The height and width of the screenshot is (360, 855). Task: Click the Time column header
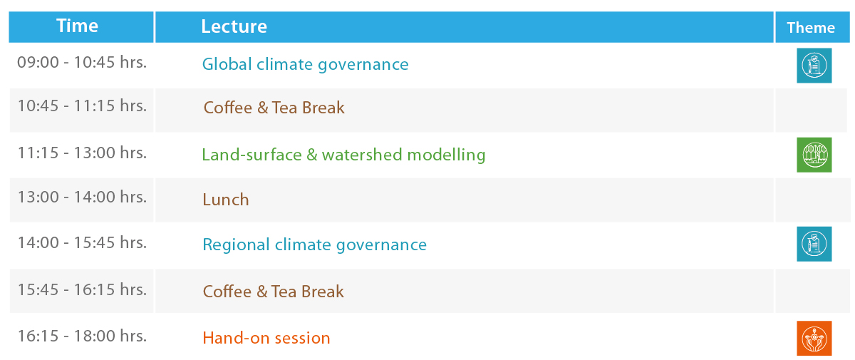coord(77,26)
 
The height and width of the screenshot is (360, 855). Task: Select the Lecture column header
coord(234,26)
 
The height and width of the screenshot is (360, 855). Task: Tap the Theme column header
coord(811,28)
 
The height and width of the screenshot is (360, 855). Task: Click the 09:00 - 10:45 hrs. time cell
coord(82,62)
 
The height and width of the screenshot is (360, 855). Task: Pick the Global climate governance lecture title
coord(306,64)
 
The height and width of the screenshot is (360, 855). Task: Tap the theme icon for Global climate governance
coord(814,66)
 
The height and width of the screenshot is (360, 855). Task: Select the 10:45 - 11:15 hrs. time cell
coord(82,106)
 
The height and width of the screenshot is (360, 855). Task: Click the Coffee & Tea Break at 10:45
coord(274,108)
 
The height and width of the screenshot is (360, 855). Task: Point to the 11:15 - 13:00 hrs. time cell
coord(82,153)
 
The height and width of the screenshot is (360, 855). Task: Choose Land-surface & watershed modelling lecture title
coord(343,155)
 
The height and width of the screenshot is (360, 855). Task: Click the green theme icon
coord(814,155)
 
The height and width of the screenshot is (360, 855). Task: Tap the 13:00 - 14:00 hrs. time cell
coord(82,197)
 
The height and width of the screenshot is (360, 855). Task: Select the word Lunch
coord(226,200)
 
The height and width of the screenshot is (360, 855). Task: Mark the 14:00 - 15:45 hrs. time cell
coord(82,242)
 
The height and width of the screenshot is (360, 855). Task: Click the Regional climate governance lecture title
coord(314,245)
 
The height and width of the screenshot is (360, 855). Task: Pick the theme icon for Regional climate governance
coord(814,244)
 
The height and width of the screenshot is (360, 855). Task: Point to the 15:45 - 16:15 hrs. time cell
coord(82,289)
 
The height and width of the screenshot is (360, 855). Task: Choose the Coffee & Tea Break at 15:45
coord(274,292)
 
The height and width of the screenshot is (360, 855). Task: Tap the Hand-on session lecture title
coord(266,338)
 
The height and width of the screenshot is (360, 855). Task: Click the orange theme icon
coord(814,338)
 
